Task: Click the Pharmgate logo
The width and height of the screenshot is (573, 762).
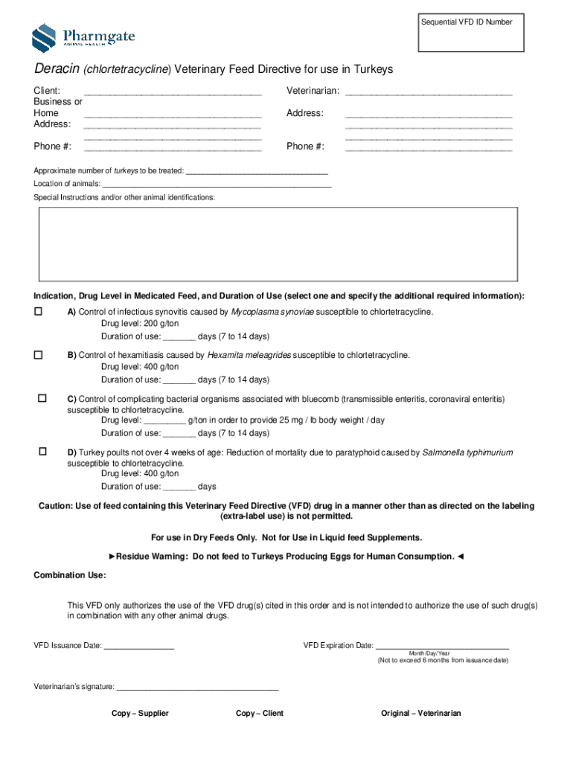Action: point(83,37)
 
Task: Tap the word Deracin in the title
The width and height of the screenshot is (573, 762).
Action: point(56,70)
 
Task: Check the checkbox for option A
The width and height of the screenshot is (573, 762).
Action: point(38,312)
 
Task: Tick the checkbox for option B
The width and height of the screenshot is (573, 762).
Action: point(38,355)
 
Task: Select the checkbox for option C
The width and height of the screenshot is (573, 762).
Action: point(42,399)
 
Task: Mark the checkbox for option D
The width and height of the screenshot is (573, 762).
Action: point(42,452)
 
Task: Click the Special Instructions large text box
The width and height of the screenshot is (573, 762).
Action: point(278,243)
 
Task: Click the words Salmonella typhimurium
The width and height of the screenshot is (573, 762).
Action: point(467,452)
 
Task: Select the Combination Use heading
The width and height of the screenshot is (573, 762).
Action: point(70,575)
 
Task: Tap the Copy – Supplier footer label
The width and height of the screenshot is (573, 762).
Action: point(140,714)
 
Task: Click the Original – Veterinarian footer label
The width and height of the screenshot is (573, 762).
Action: point(420,714)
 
